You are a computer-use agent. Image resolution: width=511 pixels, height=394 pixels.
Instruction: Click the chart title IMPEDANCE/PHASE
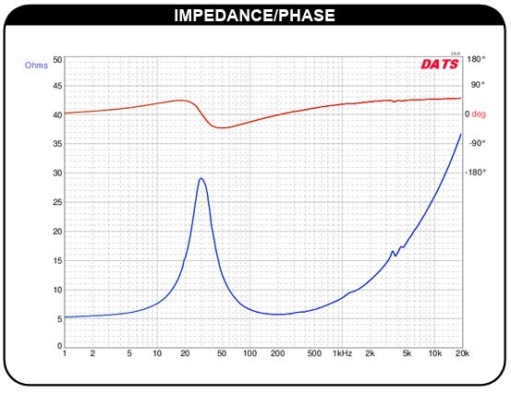click(x=254, y=16)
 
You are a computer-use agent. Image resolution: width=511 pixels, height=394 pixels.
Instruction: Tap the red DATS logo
click(x=440, y=64)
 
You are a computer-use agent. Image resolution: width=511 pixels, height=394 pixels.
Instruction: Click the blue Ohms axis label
click(x=36, y=66)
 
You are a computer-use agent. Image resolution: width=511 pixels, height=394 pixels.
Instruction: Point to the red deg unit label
click(x=479, y=113)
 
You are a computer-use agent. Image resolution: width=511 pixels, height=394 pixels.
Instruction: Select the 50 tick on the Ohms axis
click(x=57, y=60)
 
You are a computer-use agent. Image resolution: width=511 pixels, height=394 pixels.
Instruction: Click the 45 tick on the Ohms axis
click(x=57, y=86)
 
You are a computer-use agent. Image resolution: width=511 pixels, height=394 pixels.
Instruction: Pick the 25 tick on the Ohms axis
click(x=57, y=202)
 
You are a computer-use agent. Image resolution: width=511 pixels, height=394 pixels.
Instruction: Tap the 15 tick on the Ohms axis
click(x=57, y=260)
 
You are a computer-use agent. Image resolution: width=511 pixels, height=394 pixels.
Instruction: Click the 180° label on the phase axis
click(x=476, y=59)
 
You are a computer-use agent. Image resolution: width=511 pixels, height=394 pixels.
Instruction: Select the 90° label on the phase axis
click(x=478, y=85)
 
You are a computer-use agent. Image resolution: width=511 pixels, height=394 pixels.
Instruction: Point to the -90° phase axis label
click(x=477, y=143)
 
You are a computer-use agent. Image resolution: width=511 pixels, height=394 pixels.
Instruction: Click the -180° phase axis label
click(x=475, y=173)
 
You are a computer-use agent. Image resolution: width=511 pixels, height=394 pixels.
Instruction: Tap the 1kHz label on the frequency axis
click(x=342, y=353)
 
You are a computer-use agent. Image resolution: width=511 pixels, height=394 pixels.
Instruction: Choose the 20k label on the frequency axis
click(x=462, y=353)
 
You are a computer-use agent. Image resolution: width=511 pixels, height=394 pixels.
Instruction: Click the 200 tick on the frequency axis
click(x=277, y=353)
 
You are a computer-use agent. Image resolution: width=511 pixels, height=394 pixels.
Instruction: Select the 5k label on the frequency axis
click(x=407, y=353)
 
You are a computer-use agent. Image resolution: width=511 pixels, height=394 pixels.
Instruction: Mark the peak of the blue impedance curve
click(x=201, y=178)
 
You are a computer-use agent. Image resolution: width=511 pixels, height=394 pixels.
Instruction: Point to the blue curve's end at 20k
click(x=461, y=134)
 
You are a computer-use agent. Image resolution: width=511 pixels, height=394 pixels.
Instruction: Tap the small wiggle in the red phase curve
click(x=395, y=101)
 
